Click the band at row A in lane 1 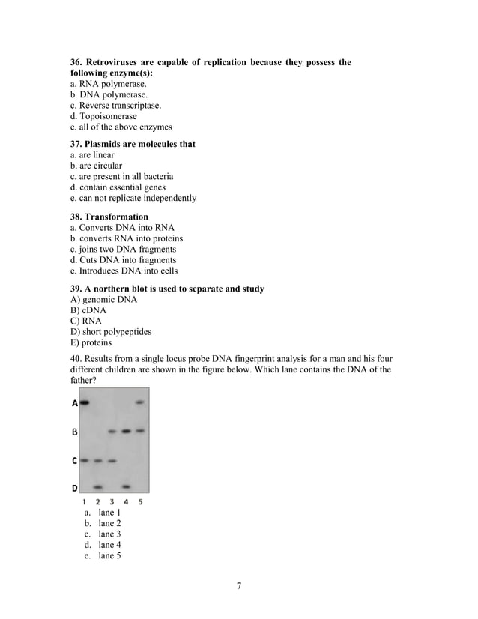pyautogui.click(x=85, y=402)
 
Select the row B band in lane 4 pyautogui.click(x=126, y=431)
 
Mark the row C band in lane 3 pyautogui.click(x=112, y=461)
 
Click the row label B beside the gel pyautogui.click(x=74, y=432)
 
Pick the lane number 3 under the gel pyautogui.click(x=112, y=501)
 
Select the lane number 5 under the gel pyautogui.click(x=140, y=501)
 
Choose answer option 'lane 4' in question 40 pyautogui.click(x=109, y=545)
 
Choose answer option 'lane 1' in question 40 pyautogui.click(x=109, y=513)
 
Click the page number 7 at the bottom pyautogui.click(x=239, y=585)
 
